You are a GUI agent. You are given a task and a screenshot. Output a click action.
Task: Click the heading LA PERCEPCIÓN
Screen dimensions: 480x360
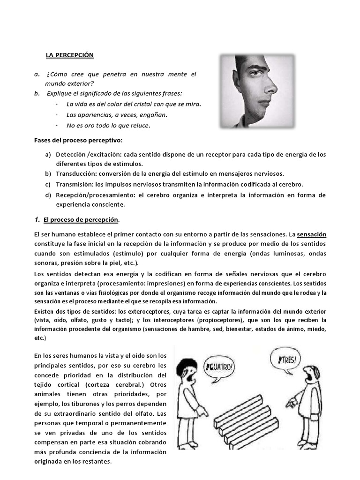coord(69,55)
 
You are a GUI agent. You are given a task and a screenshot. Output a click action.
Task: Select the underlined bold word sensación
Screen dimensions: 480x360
coord(312,234)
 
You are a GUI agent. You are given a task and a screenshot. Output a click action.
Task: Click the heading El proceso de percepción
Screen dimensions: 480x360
coord(81,219)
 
